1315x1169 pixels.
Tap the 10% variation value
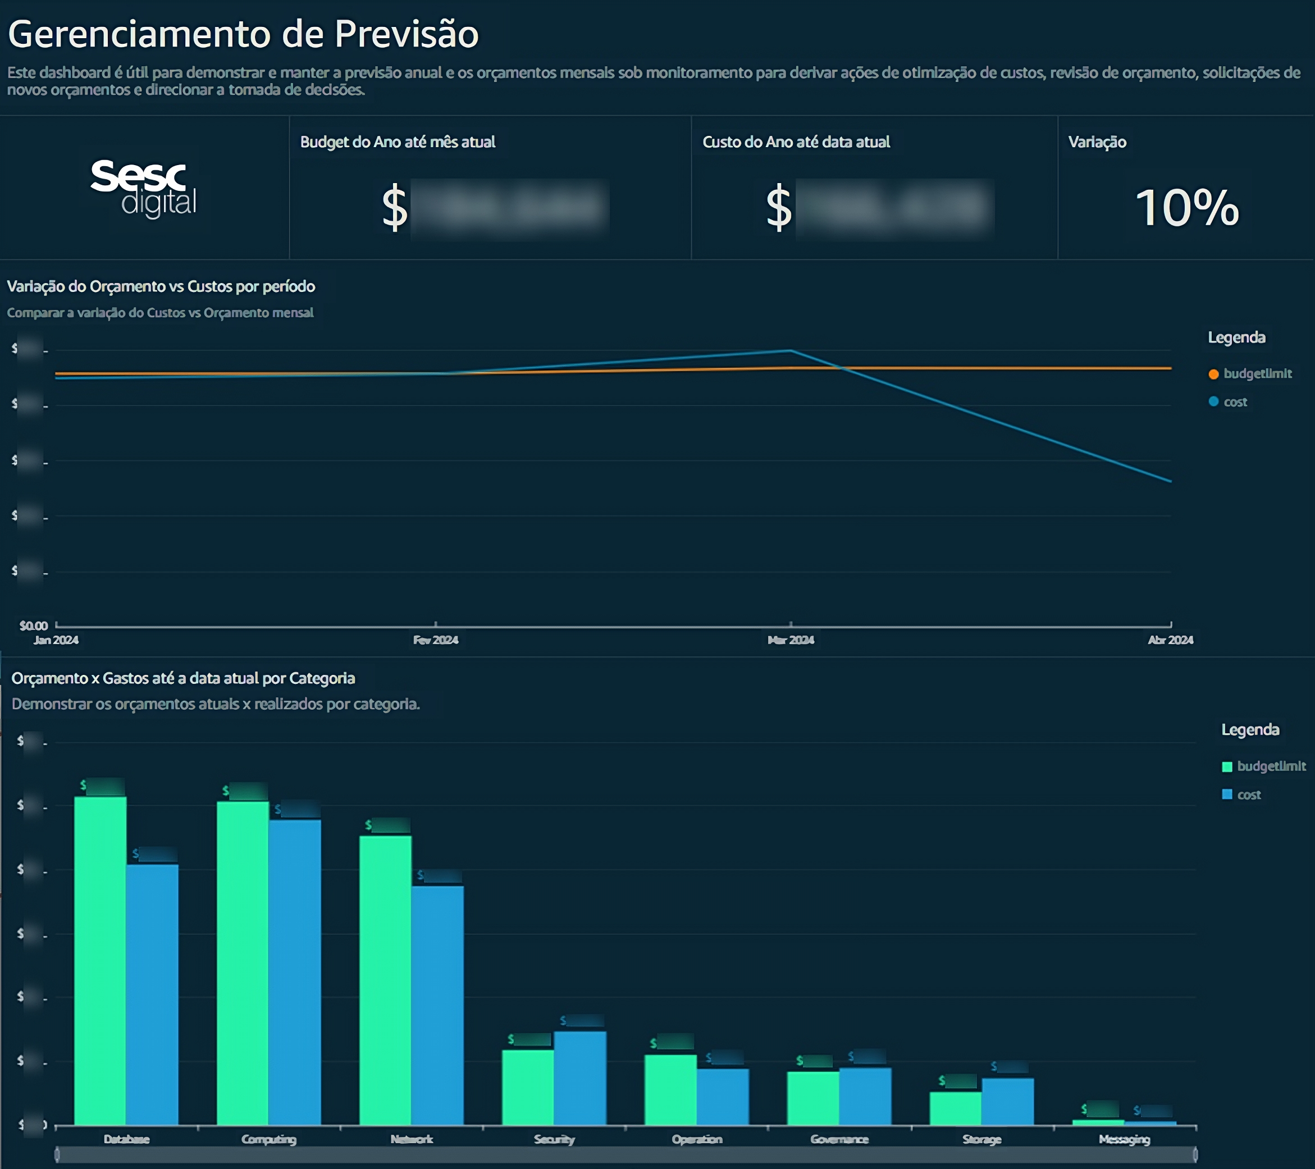coord(1187,208)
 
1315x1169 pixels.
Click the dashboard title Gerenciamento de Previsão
coord(243,34)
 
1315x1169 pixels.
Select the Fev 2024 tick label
coord(436,640)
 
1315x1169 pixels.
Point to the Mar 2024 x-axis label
coord(791,640)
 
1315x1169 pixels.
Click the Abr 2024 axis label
coord(1170,640)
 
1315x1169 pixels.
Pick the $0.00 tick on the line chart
coord(34,625)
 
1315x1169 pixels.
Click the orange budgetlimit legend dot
coord(1213,375)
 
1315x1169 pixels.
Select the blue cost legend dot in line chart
coord(1213,402)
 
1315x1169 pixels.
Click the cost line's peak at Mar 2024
coord(791,350)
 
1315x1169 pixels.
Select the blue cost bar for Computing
coord(295,971)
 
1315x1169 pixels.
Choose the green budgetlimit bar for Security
coord(528,1087)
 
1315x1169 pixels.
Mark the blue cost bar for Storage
coord(1007,1102)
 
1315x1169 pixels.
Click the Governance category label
coord(839,1139)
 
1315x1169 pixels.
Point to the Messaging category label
coord(1124,1139)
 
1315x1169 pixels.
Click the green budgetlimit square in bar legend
coord(1227,767)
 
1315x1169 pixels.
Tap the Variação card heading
coord(1097,142)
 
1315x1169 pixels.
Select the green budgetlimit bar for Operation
coord(670,1090)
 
